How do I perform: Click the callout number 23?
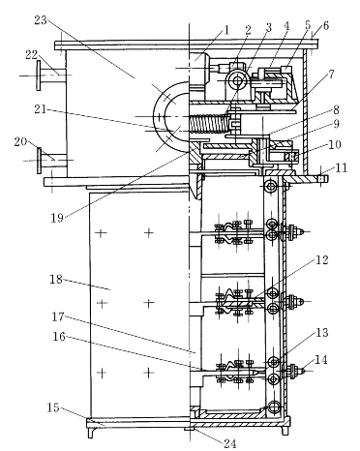41,20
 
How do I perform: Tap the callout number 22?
32,54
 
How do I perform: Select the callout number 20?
20,141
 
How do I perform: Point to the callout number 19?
57,218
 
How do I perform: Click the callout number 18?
56,279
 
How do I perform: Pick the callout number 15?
53,407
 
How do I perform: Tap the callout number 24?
230,444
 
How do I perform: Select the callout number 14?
320,359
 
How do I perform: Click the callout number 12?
321,259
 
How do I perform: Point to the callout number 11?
341,167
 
